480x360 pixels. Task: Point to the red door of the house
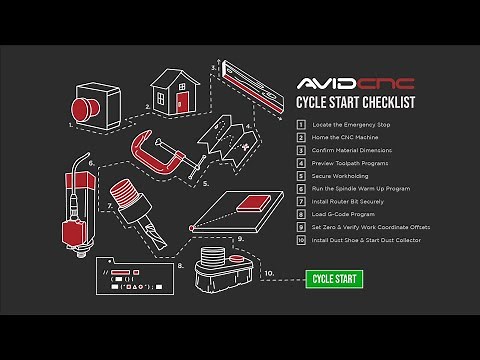pyautogui.click(x=182, y=101)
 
